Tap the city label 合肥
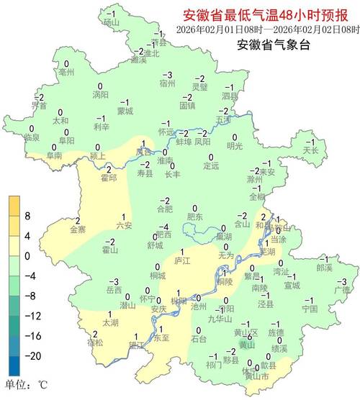click(x=165, y=209)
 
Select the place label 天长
click(x=310, y=150)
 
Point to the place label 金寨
click(x=78, y=229)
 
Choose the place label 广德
click(x=342, y=289)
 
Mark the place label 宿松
click(x=95, y=342)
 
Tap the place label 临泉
click(x=32, y=137)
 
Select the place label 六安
click(x=124, y=225)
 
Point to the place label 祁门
click(x=214, y=365)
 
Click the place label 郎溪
click(x=325, y=267)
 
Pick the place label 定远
click(x=210, y=166)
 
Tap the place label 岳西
click(x=114, y=290)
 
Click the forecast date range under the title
click(x=268, y=29)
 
